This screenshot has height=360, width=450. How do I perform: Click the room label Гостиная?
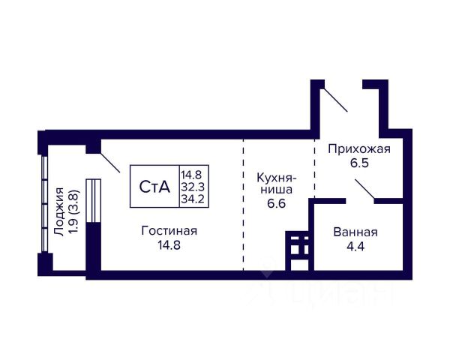pos(169,229)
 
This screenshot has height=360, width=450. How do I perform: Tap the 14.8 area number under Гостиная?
pos(169,244)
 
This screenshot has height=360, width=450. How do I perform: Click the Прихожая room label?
pos(360,149)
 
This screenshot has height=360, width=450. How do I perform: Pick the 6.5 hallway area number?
pos(360,163)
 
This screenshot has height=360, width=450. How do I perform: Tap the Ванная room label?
pos(355,232)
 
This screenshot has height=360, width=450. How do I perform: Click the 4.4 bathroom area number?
pos(355,245)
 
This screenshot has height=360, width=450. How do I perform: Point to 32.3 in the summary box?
pos(194,187)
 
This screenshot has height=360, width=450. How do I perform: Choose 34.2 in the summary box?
pos(194,199)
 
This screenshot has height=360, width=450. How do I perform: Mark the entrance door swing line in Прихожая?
pos(334,100)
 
